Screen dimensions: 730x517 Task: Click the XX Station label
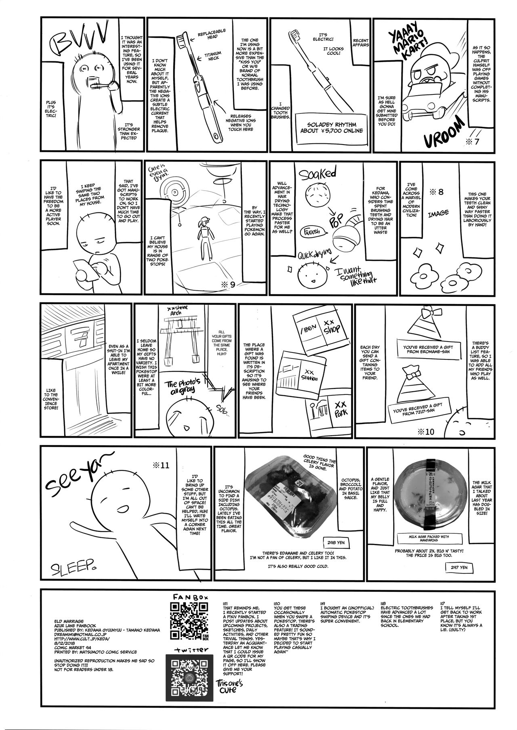[311, 375]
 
